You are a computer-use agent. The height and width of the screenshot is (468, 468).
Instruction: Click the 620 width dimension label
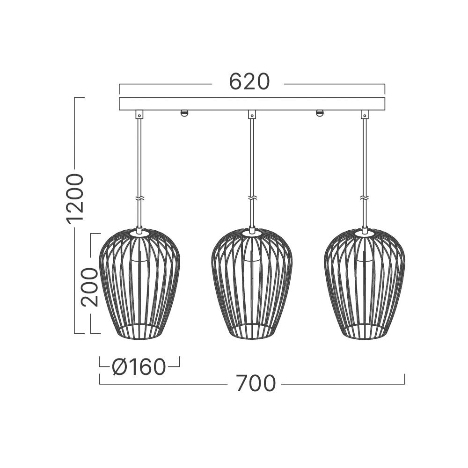(x=249, y=82)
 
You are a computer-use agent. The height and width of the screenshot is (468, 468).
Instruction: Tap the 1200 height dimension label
(x=75, y=197)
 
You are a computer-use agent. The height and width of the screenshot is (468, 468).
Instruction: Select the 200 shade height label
(x=89, y=287)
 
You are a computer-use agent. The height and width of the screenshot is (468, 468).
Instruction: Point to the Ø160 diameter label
(x=139, y=367)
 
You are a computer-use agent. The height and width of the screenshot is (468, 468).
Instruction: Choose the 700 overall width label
(x=256, y=384)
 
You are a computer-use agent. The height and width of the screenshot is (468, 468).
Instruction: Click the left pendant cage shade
(x=139, y=285)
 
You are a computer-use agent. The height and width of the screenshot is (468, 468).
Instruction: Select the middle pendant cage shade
(x=252, y=285)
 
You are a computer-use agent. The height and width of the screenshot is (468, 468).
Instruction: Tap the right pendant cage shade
(x=365, y=285)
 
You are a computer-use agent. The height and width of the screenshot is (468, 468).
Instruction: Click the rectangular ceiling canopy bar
(x=252, y=103)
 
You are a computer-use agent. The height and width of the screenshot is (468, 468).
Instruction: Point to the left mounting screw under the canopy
(x=184, y=113)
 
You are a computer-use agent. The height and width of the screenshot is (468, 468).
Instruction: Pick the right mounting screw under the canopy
(x=320, y=113)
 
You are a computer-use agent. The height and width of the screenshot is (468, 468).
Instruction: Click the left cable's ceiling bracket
(x=139, y=114)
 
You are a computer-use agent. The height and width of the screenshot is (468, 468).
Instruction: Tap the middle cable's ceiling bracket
(x=252, y=114)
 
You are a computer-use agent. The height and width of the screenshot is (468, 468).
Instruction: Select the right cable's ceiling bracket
(x=365, y=114)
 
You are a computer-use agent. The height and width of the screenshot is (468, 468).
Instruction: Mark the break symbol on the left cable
(x=139, y=198)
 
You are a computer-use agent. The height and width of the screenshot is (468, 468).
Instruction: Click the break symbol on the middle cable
(x=252, y=198)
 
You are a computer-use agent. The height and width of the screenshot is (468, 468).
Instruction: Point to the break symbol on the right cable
(x=365, y=198)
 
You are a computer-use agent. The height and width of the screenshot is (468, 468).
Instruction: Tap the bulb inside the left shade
(x=139, y=255)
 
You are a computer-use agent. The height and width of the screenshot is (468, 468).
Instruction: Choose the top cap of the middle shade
(x=252, y=231)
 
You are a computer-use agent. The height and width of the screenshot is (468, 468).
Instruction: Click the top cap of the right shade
(x=365, y=231)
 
